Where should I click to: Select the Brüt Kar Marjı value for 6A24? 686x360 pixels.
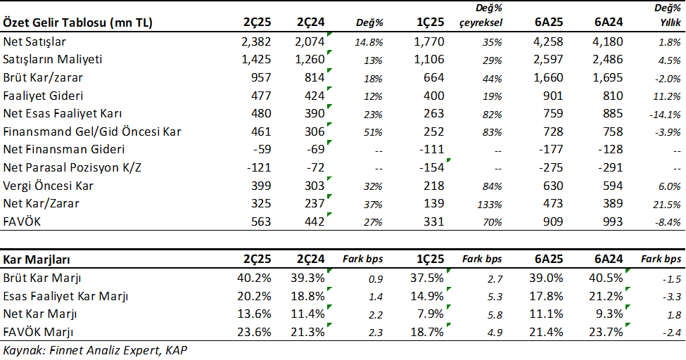607,277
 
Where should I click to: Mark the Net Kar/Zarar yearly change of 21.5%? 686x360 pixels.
668,205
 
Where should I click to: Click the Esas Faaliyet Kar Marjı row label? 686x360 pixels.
66,295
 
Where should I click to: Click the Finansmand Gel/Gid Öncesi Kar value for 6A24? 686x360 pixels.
609,131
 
